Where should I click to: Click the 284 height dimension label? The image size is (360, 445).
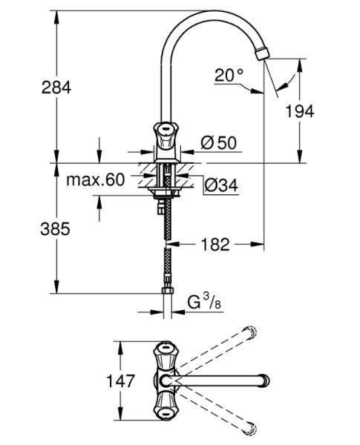click(x=56, y=87)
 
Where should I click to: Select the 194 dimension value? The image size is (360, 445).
click(x=300, y=111)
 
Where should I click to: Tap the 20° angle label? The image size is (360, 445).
click(x=229, y=75)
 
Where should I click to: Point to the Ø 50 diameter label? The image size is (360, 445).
click(x=218, y=142)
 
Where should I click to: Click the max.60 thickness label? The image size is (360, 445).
click(x=95, y=179)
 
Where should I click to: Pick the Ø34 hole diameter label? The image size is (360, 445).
click(x=221, y=186)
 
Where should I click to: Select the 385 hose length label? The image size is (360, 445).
click(x=55, y=228)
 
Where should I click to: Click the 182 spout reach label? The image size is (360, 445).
click(x=215, y=244)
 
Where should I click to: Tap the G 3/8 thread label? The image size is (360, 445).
click(x=204, y=302)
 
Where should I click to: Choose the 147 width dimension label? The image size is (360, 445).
click(x=120, y=381)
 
